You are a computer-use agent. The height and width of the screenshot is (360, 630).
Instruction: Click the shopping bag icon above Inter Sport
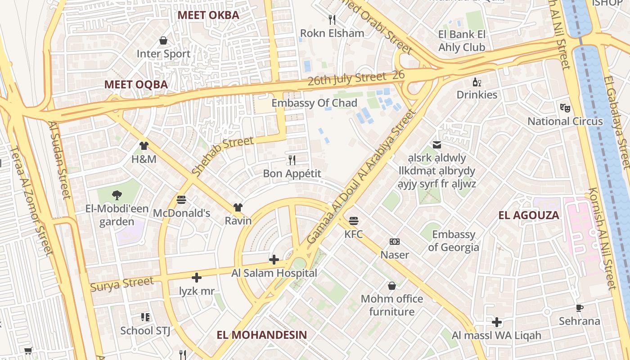(163, 41)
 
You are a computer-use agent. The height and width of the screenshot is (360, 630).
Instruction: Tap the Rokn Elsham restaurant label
(332, 33)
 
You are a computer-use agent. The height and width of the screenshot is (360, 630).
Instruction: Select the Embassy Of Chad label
(314, 103)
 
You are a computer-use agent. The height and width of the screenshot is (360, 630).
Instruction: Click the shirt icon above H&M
(144, 146)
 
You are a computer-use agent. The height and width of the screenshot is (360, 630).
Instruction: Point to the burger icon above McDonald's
(181, 200)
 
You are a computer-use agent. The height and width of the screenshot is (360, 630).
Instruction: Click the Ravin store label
(238, 221)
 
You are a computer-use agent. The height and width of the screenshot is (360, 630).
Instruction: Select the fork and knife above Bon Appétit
(292, 160)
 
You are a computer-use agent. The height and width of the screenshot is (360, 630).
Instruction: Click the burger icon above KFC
(354, 221)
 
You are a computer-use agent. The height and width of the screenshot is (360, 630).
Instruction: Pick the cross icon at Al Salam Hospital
(274, 260)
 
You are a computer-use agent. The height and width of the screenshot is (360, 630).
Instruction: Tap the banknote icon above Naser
(395, 242)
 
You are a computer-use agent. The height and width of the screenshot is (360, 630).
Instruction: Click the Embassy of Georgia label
(454, 241)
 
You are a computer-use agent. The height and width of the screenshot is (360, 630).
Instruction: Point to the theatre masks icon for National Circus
(565, 108)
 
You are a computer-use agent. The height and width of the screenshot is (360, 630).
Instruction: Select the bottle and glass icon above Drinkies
(477, 82)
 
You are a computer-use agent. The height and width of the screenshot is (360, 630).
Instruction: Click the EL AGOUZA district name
(529, 215)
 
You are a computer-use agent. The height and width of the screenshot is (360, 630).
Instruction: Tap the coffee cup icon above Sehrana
(580, 308)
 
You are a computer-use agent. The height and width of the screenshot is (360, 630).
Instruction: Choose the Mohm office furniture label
(392, 305)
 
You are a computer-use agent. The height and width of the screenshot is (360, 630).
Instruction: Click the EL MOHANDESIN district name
(261, 335)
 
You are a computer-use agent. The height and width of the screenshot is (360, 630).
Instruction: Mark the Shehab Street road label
(222, 156)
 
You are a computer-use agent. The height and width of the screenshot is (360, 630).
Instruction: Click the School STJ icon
(145, 317)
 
